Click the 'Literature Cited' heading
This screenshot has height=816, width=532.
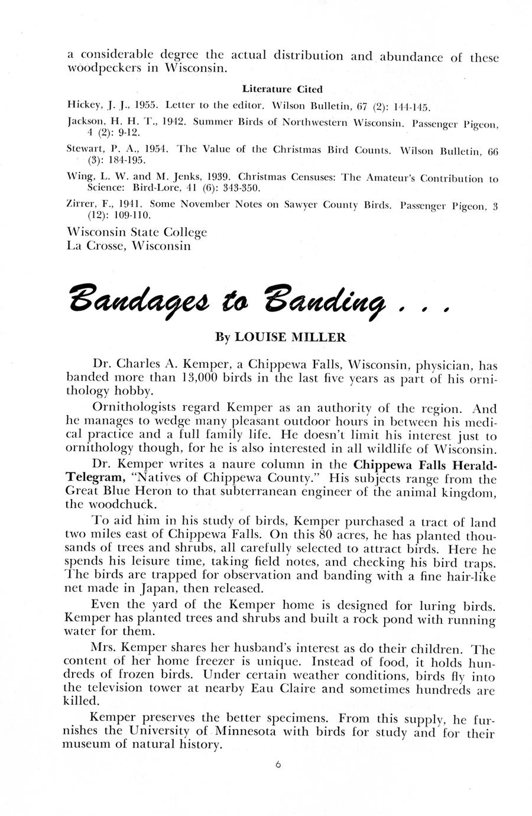282,90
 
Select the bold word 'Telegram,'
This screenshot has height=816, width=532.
90,477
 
